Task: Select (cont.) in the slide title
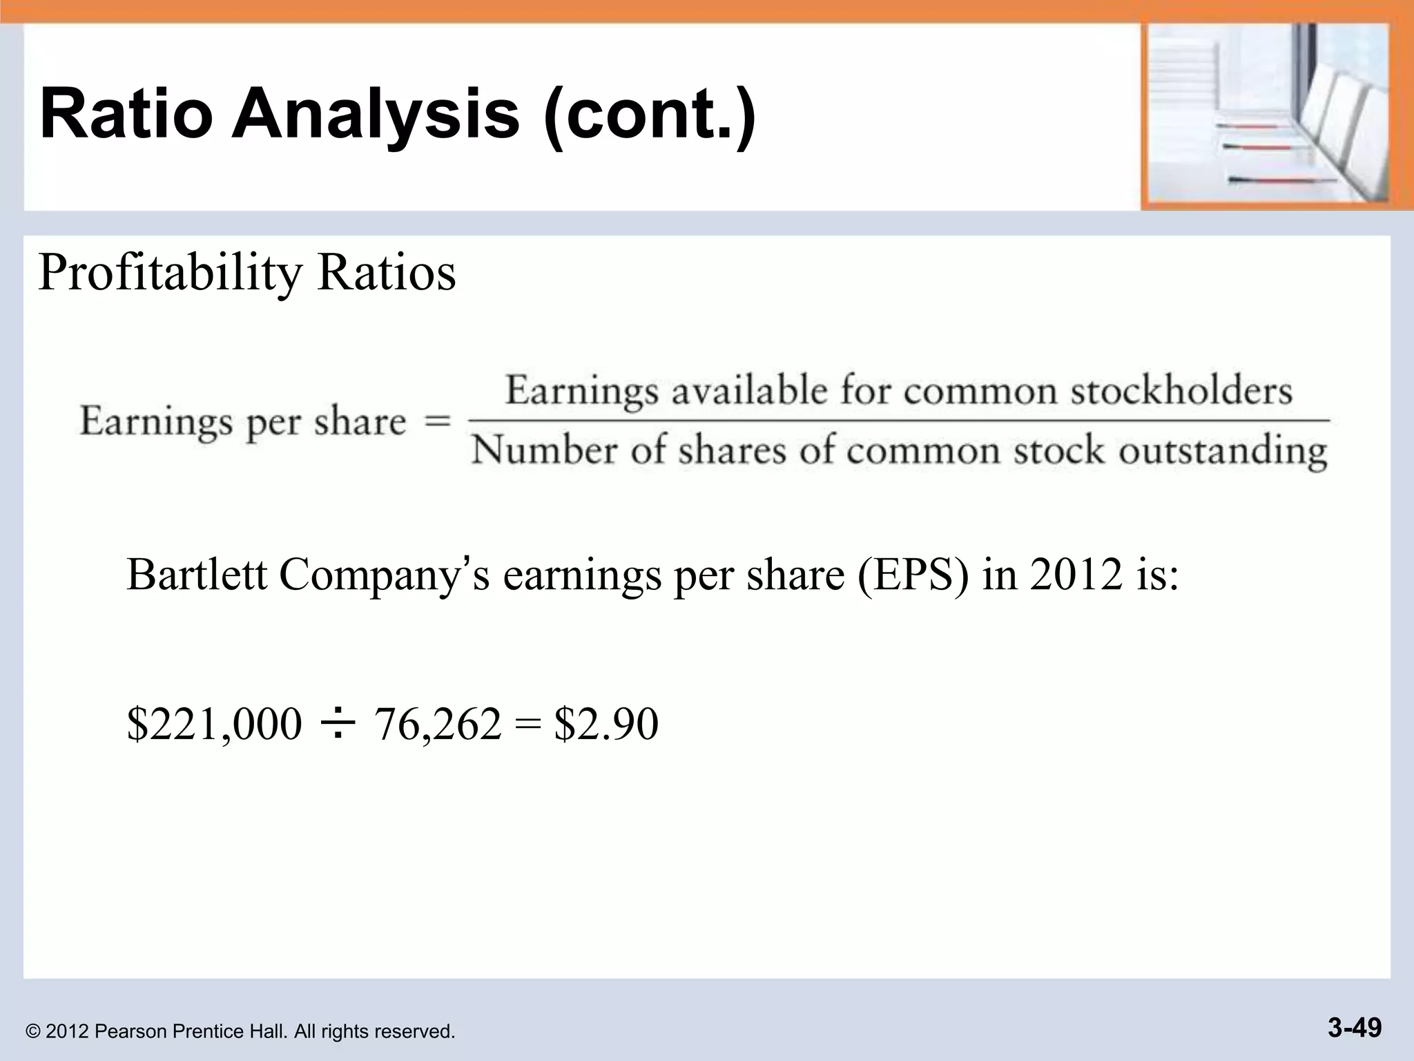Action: (650, 114)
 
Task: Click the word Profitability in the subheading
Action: (170, 273)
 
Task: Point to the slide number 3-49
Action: (1354, 1027)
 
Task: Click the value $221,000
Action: (214, 724)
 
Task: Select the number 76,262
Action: (438, 724)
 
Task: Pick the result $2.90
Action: (606, 724)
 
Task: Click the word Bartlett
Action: (196, 574)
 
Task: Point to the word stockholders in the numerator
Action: (1181, 391)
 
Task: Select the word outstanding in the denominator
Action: (1223, 452)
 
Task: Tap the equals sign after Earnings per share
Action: (437, 421)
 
